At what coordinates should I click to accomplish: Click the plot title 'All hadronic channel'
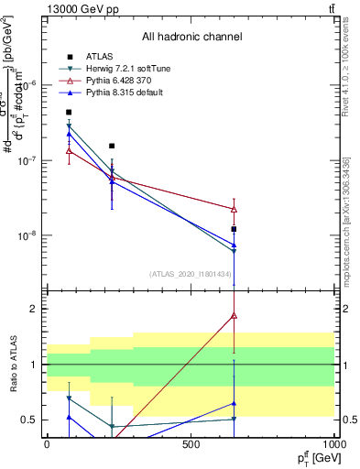pos(191,37)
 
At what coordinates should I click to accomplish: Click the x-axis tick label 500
pos(191,444)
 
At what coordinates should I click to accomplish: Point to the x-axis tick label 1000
pos(333,444)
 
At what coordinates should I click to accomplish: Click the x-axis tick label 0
pos(47,444)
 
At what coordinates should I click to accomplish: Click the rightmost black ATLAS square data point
pos(235,229)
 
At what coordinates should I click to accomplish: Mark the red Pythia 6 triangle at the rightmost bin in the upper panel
pos(235,209)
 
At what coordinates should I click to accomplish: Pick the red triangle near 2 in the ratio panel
pos(235,315)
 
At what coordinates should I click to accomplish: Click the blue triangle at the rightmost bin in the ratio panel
pos(235,403)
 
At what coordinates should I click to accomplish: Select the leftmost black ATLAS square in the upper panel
pos(69,112)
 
